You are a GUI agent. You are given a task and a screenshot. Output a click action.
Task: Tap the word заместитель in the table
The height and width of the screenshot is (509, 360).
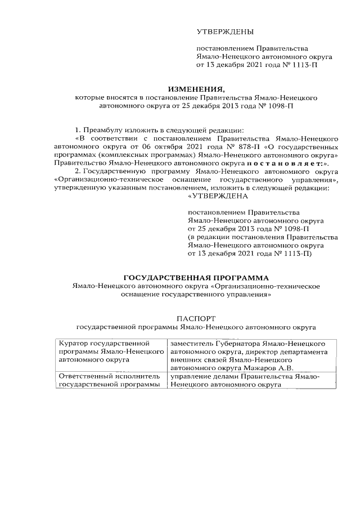click(192, 343)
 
